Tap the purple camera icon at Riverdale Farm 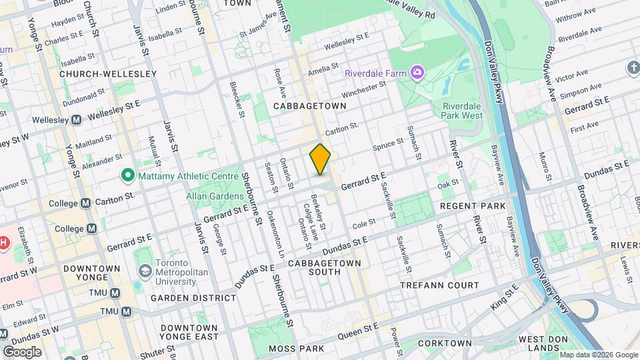pyautogui.click(x=417, y=71)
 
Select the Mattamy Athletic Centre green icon pyautogui.click(x=128, y=176)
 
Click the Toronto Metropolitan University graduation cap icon pyautogui.click(x=145, y=272)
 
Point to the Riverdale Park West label pyautogui.click(x=462, y=111)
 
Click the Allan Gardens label pyautogui.click(x=215, y=197)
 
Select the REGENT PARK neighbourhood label pyautogui.click(x=473, y=206)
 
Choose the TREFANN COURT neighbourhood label pyautogui.click(x=439, y=285)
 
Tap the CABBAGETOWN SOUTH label pyautogui.click(x=325, y=268)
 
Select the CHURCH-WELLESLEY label pyautogui.click(x=107, y=74)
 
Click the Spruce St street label pyautogui.click(x=389, y=143)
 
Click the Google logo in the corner pyautogui.click(x=21, y=351)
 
